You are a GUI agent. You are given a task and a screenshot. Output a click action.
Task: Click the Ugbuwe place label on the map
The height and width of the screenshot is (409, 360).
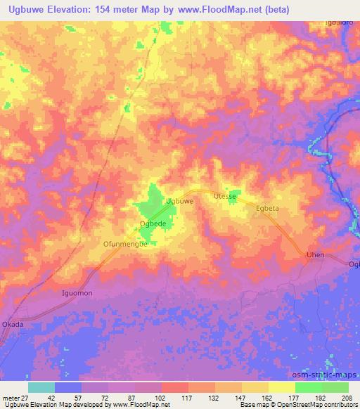(179, 201)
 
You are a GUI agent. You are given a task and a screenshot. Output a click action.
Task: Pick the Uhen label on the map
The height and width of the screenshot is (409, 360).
(314, 255)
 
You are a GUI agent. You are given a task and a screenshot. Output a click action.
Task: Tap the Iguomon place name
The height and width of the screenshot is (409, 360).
(77, 292)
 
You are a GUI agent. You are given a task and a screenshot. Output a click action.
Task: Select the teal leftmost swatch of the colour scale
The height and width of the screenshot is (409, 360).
(41, 387)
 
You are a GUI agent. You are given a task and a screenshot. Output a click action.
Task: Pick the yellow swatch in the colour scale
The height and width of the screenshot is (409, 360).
(281, 387)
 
